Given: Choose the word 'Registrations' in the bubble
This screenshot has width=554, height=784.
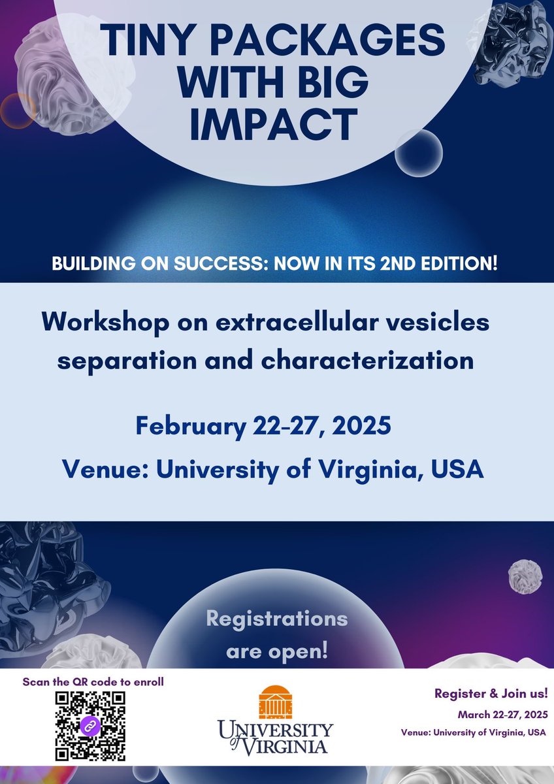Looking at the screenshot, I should click(277, 619).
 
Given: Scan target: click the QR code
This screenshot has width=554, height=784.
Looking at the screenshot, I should click(90, 725).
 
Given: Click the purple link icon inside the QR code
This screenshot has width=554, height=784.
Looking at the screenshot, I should click(90, 726).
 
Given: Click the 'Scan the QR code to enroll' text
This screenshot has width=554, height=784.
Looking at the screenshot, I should click(93, 681).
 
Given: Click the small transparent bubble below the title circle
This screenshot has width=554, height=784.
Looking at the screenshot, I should click(418, 154).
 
